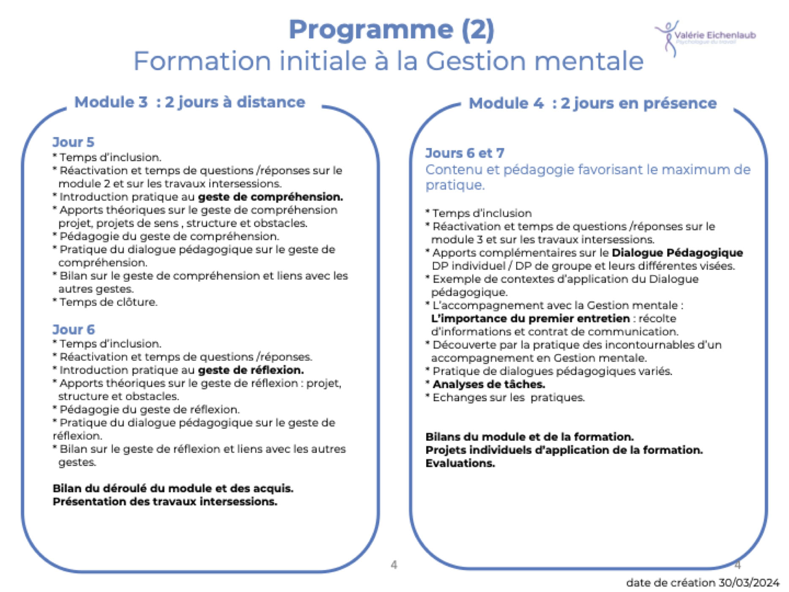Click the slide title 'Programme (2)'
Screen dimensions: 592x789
391,30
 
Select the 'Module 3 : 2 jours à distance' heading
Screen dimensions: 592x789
189,102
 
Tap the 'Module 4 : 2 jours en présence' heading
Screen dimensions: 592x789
592,103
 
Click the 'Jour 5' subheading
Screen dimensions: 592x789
73,142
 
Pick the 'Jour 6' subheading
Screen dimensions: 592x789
74,329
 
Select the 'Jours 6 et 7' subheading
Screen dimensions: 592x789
465,153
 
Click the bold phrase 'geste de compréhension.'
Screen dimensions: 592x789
271,197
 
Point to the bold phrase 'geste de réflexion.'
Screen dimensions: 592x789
251,370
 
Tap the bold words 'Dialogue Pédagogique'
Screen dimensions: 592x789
677,252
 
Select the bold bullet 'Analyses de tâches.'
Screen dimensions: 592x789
489,384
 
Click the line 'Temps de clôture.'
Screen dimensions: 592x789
108,302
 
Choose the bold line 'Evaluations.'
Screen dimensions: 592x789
460,463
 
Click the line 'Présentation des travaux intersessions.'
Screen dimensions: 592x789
165,502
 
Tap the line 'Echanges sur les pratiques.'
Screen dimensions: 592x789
509,397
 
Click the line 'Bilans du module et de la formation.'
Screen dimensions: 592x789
529,436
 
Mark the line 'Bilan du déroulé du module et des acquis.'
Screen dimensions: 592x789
173,488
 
